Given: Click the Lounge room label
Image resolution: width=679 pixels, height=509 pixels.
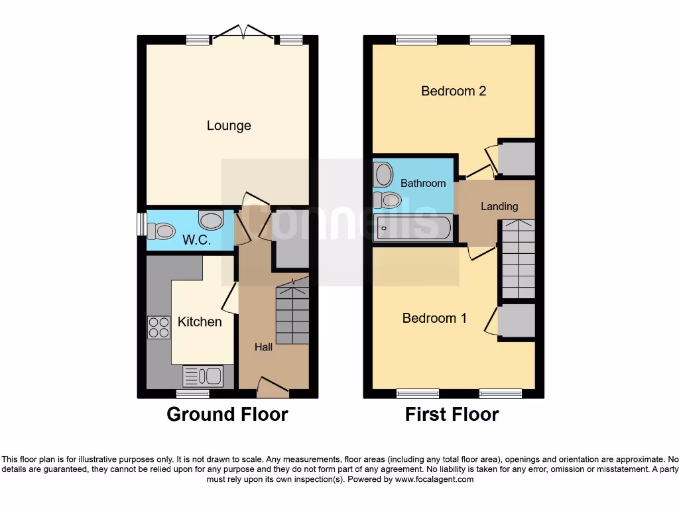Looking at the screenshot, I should [229, 125].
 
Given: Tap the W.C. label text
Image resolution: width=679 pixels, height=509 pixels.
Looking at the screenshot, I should [196, 241].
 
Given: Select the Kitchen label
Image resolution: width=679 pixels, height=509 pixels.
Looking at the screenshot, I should [200, 321].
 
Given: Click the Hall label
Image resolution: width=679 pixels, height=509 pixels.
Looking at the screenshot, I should [264, 347].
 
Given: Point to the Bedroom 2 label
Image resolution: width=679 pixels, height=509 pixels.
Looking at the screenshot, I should [454, 91].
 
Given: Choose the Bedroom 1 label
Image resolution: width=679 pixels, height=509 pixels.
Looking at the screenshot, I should [434, 318].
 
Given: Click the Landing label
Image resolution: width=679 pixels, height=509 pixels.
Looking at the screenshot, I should [499, 207].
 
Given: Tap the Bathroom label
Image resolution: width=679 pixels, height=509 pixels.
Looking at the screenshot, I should [422, 183].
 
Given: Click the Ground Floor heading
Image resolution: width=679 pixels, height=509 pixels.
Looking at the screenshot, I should [227, 415].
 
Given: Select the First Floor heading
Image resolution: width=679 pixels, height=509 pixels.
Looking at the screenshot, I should [452, 415].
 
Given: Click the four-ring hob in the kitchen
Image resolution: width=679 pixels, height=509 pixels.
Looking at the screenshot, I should [158, 327].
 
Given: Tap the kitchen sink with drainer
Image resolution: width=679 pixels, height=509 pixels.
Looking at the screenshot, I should [203, 376].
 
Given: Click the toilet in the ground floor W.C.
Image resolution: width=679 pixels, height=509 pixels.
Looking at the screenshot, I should [161, 231].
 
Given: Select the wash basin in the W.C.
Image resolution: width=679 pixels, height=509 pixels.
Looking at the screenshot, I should [212, 220].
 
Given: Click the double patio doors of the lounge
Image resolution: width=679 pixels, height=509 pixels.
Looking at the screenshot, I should [244, 32].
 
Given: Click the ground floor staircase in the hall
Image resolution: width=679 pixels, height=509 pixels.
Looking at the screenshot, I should [292, 311].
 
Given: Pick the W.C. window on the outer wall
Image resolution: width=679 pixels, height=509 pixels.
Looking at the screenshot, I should [141, 224].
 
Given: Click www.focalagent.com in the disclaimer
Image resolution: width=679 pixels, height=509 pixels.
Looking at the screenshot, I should [434, 479].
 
